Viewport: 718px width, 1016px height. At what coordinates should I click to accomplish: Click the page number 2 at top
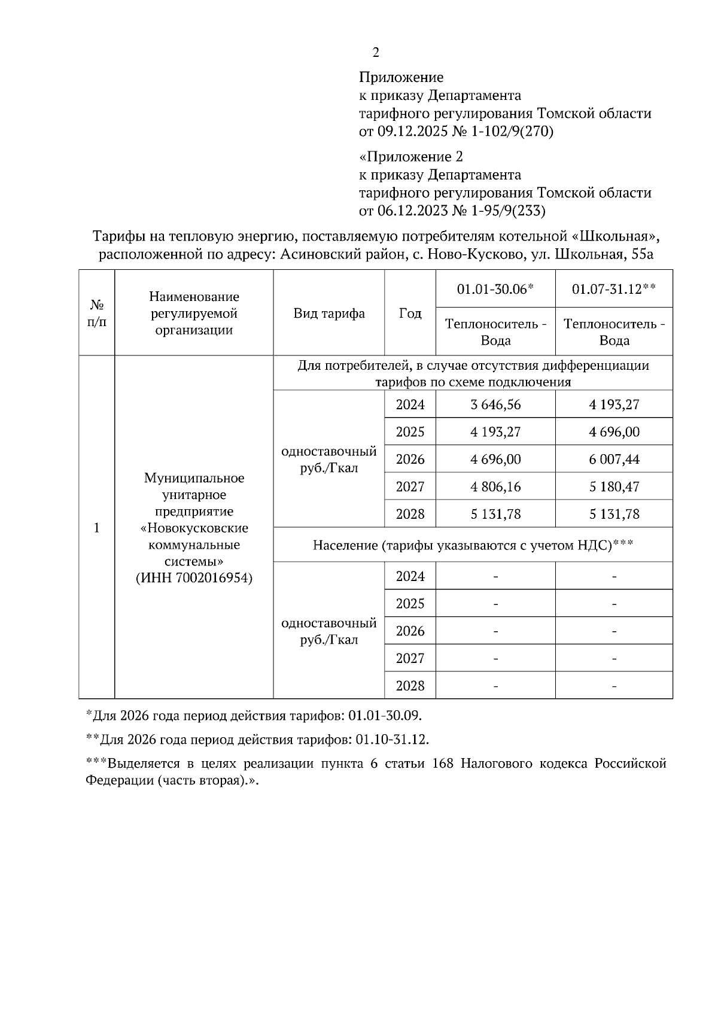pos(375,53)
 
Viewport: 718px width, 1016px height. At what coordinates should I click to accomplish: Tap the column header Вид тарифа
pos(328,314)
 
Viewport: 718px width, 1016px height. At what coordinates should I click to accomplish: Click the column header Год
pos(410,314)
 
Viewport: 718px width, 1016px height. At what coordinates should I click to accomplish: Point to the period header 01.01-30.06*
pos(495,289)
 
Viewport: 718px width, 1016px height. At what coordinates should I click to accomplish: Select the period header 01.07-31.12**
pos(614,289)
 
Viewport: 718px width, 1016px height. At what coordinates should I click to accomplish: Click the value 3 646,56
pos(495,404)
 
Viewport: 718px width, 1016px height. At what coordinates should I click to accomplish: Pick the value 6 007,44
pos(614,459)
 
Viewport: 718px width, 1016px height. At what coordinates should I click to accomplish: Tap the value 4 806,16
pos(495,486)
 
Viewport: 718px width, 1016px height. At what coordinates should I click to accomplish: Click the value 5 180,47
pos(614,486)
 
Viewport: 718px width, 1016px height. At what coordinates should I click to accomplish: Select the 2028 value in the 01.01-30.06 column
pos(495,514)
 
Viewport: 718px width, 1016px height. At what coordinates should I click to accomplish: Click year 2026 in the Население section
pos(410,631)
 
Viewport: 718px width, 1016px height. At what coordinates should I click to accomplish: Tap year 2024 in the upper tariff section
pos(410,404)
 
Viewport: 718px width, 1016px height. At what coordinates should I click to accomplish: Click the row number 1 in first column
pos(96,528)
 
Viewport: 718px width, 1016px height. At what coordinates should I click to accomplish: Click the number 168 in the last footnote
pos(442,764)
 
